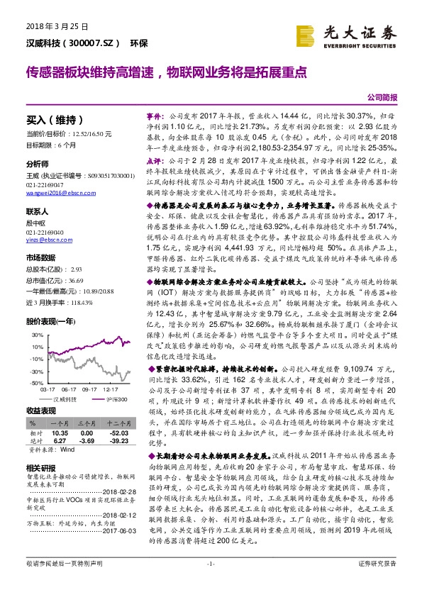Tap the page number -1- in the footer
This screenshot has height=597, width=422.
point(210,582)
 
